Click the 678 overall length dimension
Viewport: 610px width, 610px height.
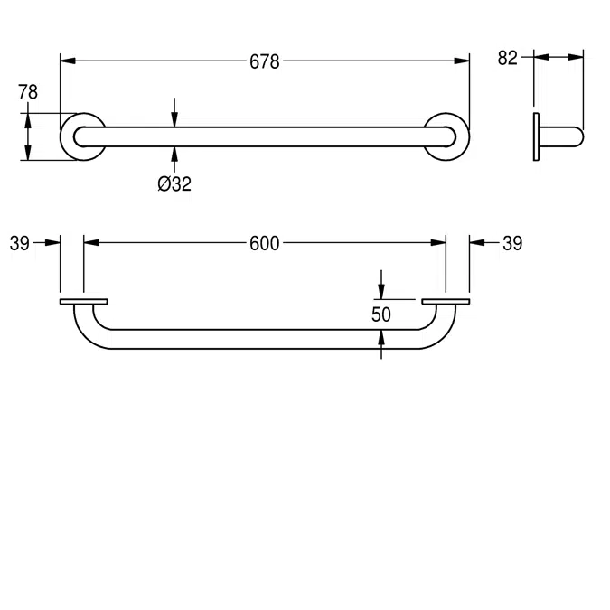[265, 61]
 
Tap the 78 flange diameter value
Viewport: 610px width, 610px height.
[28, 91]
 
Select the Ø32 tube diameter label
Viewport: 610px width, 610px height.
[174, 183]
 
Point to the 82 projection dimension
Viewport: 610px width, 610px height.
[508, 58]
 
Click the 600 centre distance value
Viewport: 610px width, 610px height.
[265, 242]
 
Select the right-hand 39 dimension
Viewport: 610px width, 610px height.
[511, 242]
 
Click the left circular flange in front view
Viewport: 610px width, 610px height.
[82, 136]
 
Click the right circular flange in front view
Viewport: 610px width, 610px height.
[447, 136]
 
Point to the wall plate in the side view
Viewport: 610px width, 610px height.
[537, 136]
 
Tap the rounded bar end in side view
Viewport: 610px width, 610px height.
[575, 136]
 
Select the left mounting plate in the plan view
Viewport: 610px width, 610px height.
[83, 301]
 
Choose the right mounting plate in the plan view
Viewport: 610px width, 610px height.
[446, 301]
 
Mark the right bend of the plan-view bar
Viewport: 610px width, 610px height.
[440, 330]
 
